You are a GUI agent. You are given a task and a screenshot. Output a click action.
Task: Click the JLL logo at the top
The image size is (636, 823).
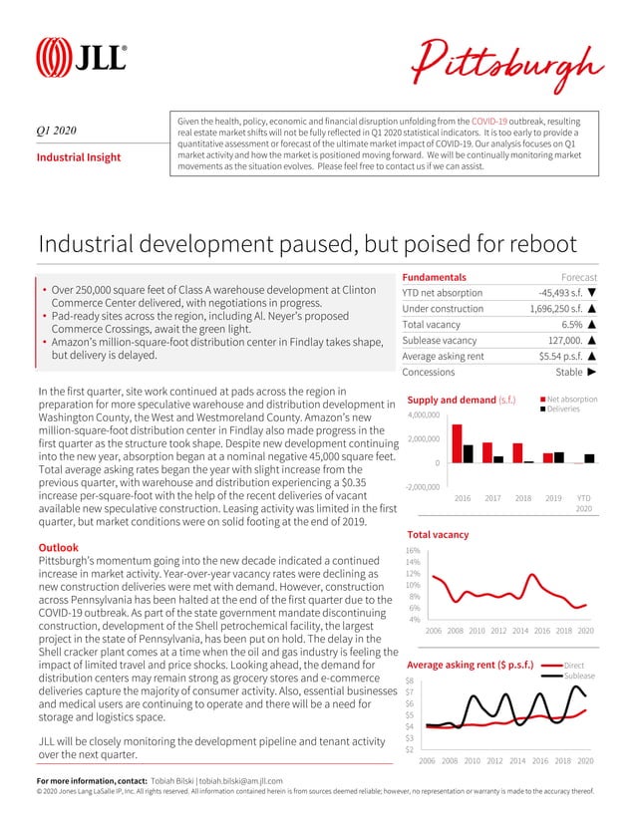tap(81, 56)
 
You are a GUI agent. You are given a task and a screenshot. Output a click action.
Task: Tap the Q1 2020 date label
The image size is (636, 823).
tap(57, 129)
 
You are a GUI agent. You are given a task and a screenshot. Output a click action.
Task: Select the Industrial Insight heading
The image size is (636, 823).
tap(79, 157)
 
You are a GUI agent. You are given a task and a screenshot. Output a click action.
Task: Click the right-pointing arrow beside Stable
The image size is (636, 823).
tap(592, 373)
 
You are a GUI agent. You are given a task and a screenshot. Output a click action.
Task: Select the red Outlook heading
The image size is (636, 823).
tap(58, 548)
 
